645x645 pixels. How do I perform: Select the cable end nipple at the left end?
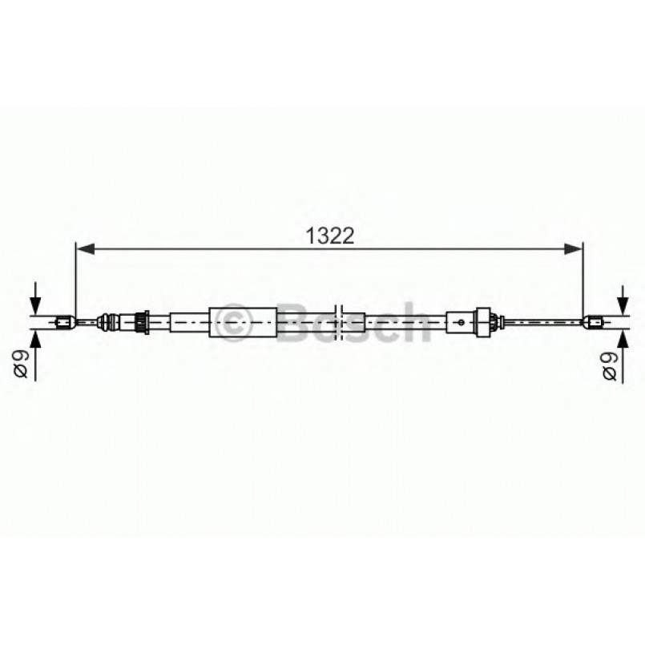[x=66, y=323]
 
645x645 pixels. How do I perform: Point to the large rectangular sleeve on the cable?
[x=242, y=323]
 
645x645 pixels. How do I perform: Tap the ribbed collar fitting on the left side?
[x=142, y=323]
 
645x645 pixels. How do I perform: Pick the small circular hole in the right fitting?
[x=462, y=323]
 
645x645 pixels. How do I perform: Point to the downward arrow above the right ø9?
[x=622, y=300]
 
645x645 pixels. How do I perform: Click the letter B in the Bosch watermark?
[x=297, y=324]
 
